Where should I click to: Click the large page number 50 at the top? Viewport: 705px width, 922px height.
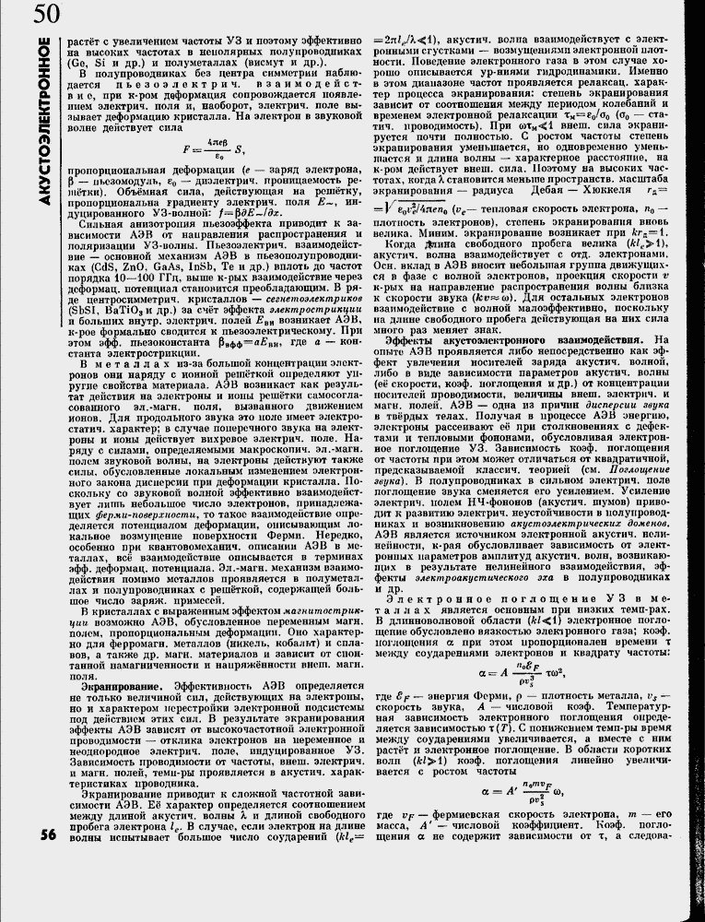(47, 16)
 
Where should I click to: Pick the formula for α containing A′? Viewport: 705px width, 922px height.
(525, 790)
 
